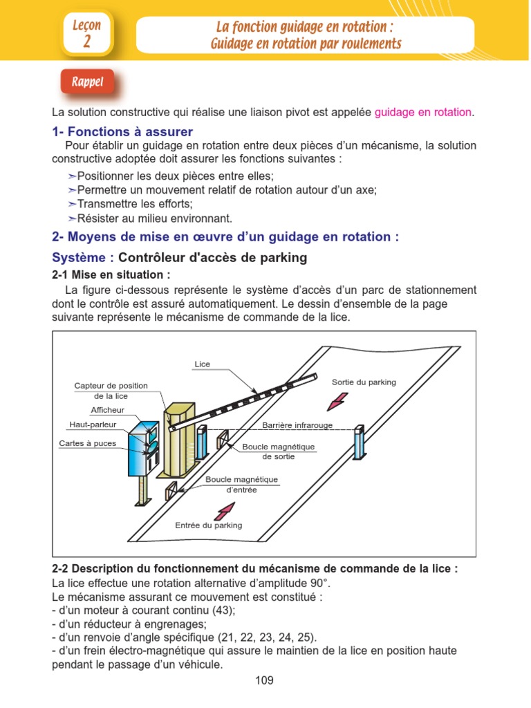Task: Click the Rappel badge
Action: point(87,83)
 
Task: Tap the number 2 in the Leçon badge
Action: point(86,41)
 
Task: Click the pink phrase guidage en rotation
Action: point(423,113)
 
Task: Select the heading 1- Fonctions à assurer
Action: point(122,131)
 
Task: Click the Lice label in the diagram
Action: point(203,364)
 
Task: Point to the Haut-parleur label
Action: point(93,425)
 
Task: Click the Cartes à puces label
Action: point(87,443)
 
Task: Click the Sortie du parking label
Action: point(364,382)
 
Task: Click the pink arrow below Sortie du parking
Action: point(339,400)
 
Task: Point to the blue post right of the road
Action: point(358,442)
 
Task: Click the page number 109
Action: point(264,680)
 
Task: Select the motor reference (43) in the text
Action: point(222,610)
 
